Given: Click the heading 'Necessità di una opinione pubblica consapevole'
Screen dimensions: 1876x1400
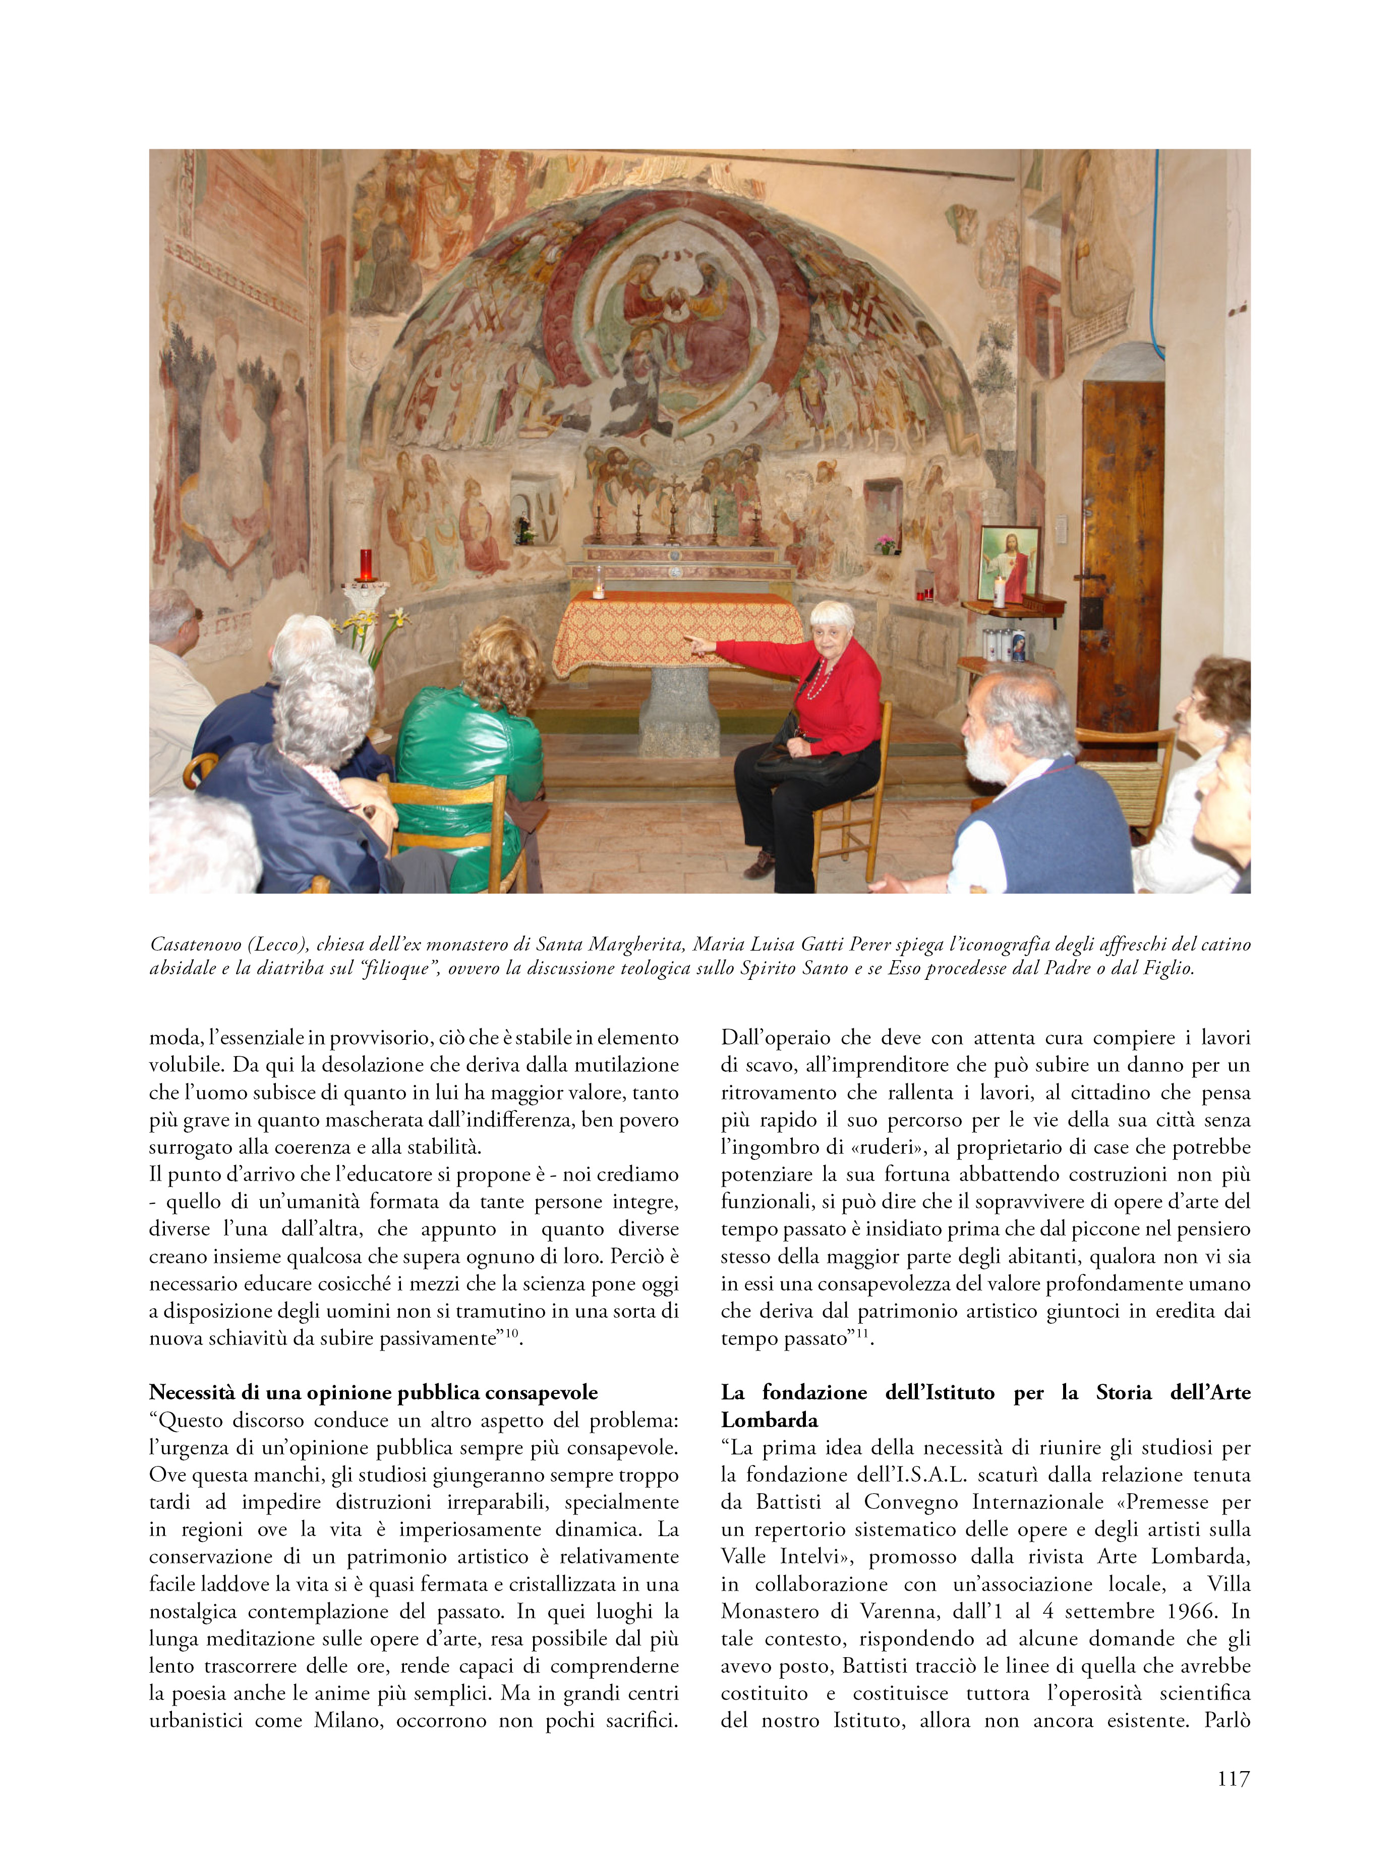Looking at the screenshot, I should pos(373,1393).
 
